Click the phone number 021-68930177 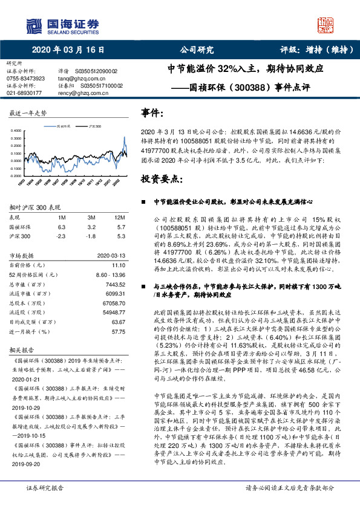tap(24, 93)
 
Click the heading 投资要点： tap(162, 180)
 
